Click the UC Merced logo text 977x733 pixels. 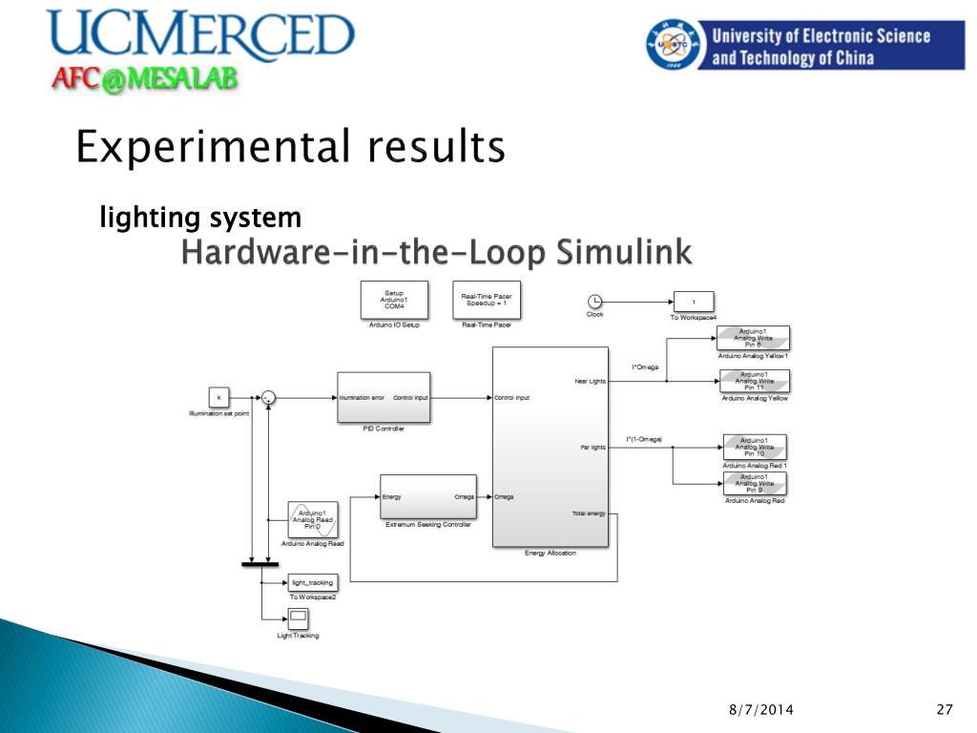pyautogui.click(x=200, y=35)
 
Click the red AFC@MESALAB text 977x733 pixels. pyautogui.click(x=143, y=80)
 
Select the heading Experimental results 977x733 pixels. pyautogui.click(x=290, y=148)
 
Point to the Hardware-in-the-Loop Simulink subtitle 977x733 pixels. pyautogui.click(x=436, y=253)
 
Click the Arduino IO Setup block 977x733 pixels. pyautogui.click(x=393, y=301)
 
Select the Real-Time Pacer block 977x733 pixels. pyautogui.click(x=487, y=301)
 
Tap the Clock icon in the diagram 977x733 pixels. pyautogui.click(x=594, y=301)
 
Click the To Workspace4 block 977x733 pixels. pyautogui.click(x=694, y=302)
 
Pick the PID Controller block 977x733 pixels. pyautogui.click(x=384, y=397)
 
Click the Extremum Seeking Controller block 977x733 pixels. pyautogui.click(x=427, y=496)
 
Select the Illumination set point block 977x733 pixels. pyautogui.click(x=219, y=397)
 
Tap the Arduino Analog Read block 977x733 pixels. pyautogui.click(x=312, y=520)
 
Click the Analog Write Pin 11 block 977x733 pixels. pyautogui.click(x=754, y=381)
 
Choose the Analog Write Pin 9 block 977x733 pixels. pyautogui.click(x=754, y=484)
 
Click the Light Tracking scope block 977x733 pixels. pyautogui.click(x=298, y=618)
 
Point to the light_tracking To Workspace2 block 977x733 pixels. pyautogui.click(x=311, y=582)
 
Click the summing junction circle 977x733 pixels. pyautogui.click(x=269, y=397)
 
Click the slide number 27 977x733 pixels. pyautogui.click(x=945, y=709)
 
